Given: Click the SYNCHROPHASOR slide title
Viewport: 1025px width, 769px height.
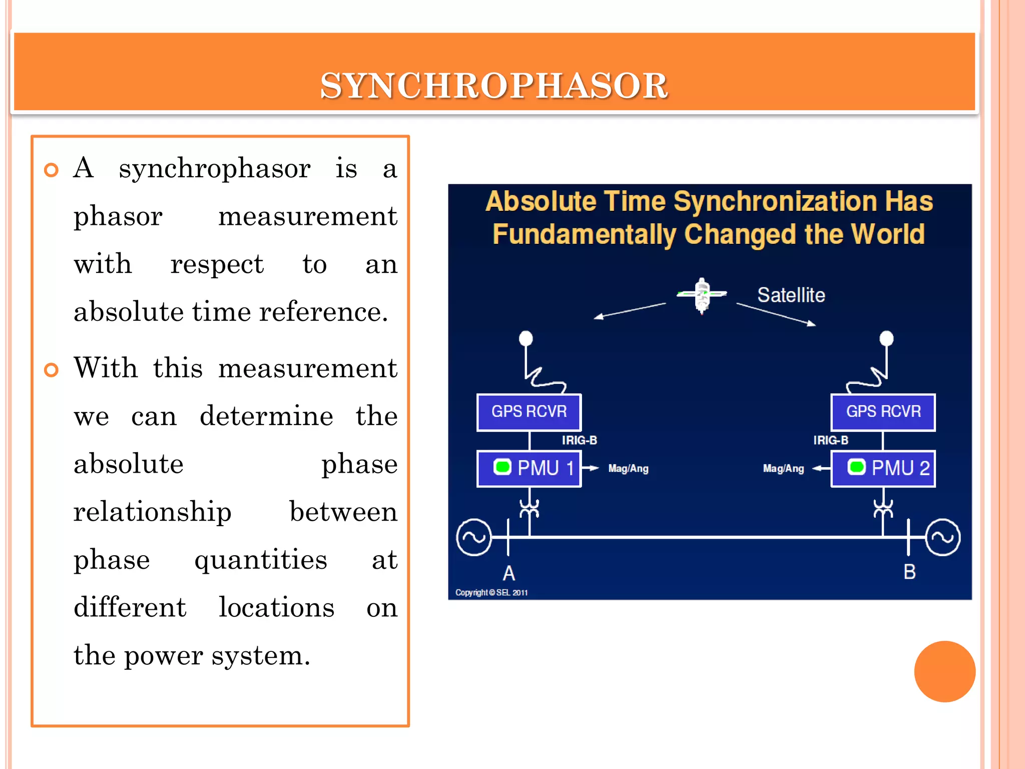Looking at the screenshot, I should [493, 86].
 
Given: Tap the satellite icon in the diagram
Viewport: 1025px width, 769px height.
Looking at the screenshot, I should [702, 295].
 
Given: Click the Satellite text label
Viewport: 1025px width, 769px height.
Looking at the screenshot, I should [791, 295].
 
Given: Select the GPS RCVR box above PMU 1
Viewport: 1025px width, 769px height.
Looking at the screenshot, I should [529, 412].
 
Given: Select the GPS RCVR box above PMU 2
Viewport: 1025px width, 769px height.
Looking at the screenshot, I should [883, 412].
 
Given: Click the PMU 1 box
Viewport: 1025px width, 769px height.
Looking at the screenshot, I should [529, 469].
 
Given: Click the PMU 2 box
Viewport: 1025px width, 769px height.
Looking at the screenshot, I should [883, 469].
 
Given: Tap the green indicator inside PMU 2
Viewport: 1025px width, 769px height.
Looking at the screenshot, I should [856, 467].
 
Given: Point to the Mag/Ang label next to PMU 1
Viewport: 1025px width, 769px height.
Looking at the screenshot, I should [628, 469].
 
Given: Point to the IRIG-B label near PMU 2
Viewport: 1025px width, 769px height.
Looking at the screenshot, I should [830, 440].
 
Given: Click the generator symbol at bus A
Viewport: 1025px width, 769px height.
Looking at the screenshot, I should [474, 537].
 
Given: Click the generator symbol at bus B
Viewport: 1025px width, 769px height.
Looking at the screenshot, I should [943, 537].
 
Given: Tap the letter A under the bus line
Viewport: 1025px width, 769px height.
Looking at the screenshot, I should [508, 573].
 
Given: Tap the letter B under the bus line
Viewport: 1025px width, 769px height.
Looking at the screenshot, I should [909, 572].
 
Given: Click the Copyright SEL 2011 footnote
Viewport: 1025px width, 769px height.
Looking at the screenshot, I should [491, 593].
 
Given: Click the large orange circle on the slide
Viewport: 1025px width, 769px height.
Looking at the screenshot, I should [944, 671].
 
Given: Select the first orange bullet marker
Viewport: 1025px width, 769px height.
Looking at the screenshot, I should [51, 170].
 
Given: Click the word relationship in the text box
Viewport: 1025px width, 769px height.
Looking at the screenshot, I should [152, 512].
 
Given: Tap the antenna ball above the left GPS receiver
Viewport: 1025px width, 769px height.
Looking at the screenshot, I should [526, 338].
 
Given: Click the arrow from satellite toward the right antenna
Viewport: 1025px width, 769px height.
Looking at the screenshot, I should [776, 314].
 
